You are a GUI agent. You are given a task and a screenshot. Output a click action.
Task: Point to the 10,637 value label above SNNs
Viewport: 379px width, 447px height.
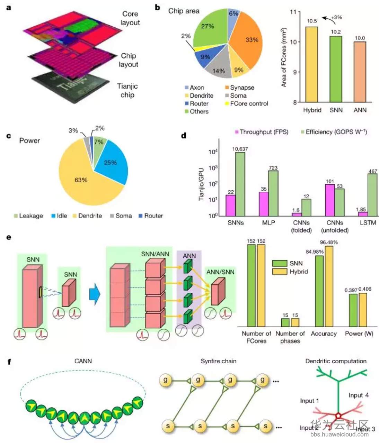coord(240,149)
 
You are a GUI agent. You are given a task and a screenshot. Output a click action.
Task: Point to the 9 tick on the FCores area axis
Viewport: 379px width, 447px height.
coord(294,72)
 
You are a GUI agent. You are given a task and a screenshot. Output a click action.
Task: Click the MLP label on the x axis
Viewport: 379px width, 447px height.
coord(268,223)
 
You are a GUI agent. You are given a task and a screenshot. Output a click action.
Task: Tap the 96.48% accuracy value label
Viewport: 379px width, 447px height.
coord(328,242)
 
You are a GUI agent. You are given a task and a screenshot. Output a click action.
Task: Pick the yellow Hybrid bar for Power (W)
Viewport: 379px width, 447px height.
coord(363,310)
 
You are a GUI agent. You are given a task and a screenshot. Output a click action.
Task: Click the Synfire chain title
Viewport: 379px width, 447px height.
coord(218,361)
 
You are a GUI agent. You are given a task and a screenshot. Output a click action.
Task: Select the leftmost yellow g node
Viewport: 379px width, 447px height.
coord(166,380)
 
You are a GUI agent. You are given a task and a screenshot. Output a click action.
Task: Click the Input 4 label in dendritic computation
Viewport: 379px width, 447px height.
coord(359,395)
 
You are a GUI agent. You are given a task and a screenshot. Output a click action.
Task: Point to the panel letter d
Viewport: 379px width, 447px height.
coord(184,136)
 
